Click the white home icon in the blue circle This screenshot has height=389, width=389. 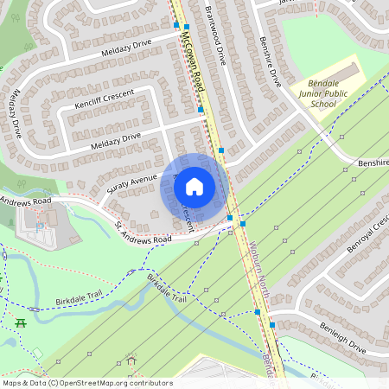coord(194,186)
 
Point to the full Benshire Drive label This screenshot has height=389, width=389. coord(271,61)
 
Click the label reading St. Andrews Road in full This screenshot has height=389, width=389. coord(143,233)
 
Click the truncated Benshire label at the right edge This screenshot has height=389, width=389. coord(373,162)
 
